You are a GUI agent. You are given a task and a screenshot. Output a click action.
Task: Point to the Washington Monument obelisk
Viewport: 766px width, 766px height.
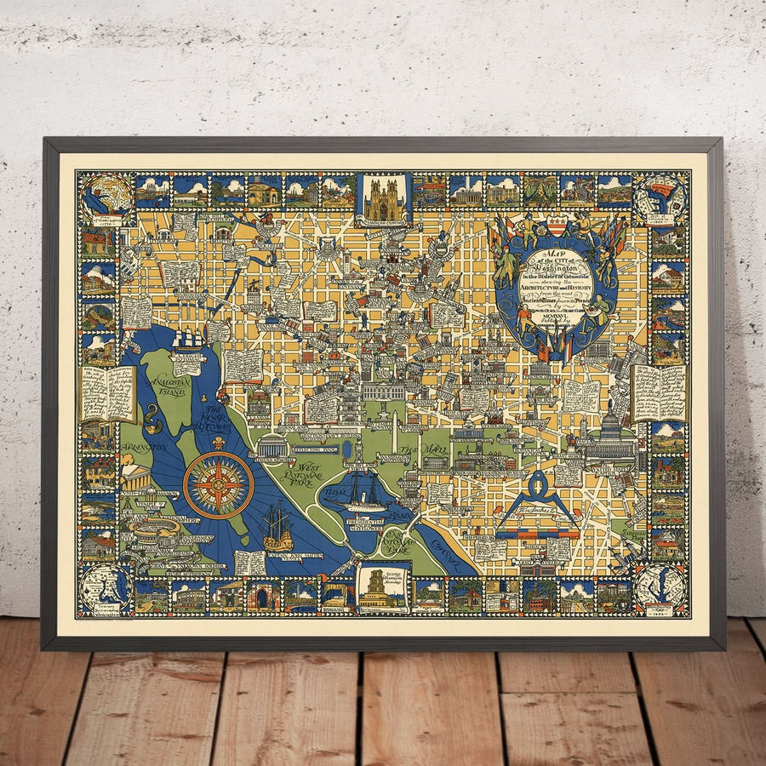394,430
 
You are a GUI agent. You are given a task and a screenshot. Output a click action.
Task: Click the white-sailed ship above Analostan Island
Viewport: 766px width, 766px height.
187,340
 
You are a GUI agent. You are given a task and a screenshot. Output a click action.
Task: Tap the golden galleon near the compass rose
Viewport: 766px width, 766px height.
277,528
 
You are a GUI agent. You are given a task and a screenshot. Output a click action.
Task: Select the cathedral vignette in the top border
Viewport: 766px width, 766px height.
383,198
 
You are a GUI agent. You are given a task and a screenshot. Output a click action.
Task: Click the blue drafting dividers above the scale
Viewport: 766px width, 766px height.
535,499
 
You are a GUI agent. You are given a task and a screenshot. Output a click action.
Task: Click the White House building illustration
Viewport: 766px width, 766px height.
384,391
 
